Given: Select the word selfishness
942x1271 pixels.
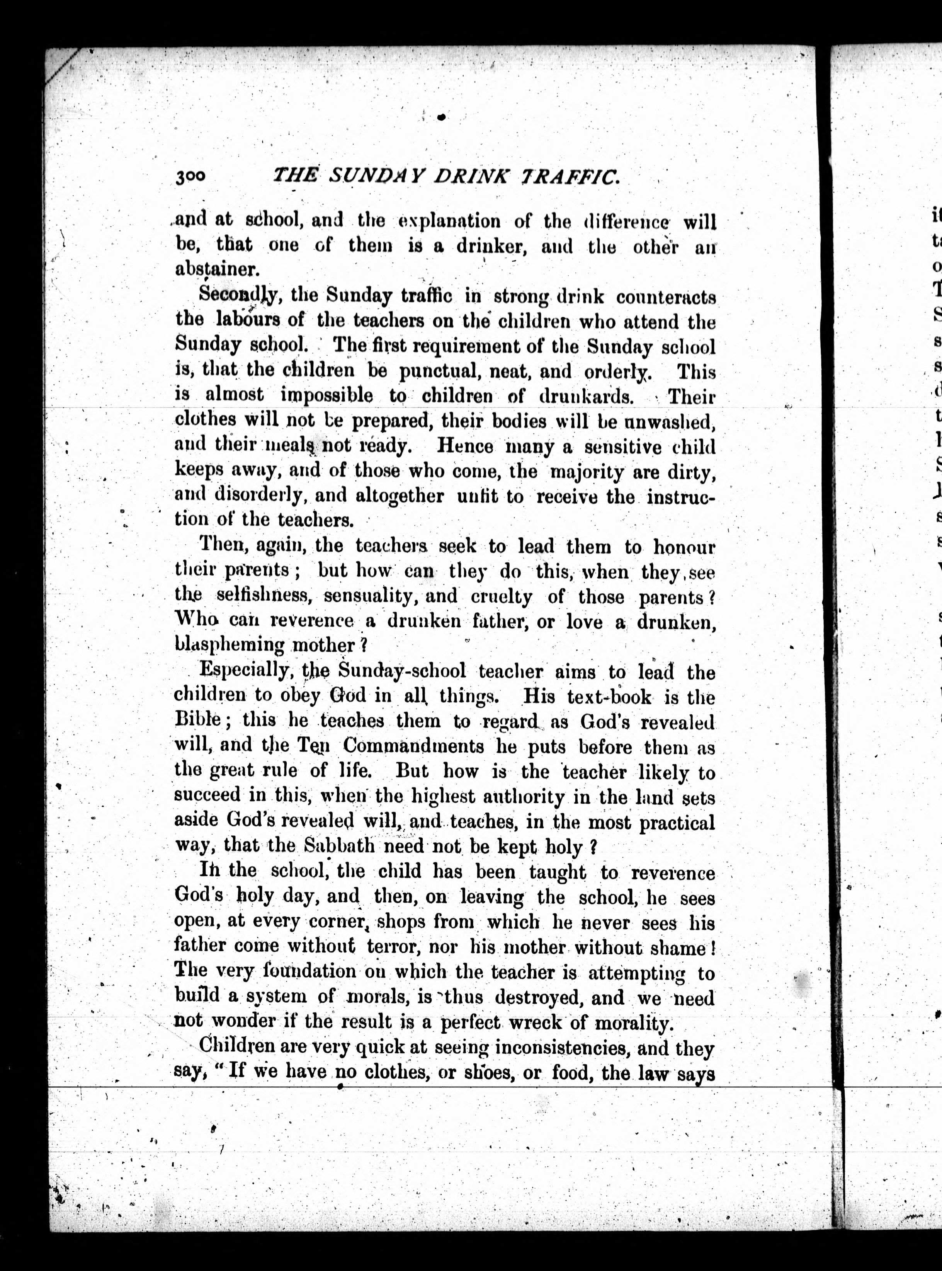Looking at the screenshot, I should point(263,596).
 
